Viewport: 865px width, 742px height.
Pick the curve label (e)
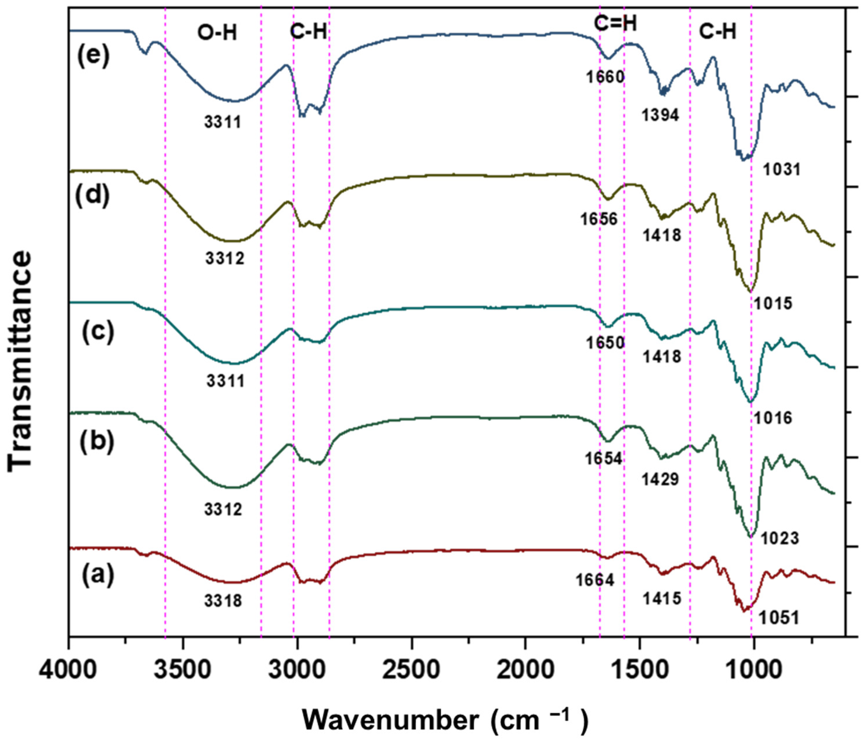(x=93, y=56)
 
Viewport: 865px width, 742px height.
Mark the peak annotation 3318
(x=223, y=601)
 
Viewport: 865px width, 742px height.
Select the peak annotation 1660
(x=605, y=77)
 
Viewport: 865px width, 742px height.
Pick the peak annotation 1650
(x=605, y=343)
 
